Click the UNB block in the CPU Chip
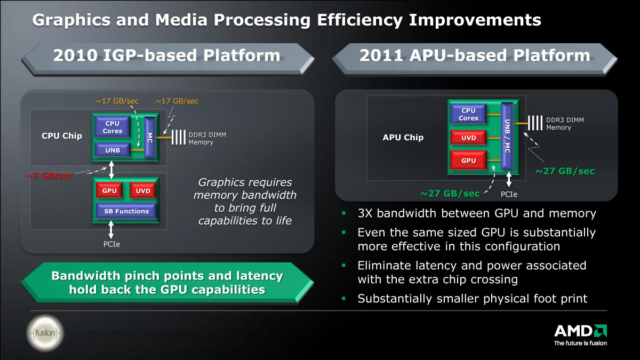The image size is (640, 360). point(113,150)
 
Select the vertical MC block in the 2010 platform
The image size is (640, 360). point(150,138)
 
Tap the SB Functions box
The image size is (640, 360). point(126,211)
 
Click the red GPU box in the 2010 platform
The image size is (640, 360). point(109,190)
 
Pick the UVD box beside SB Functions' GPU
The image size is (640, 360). point(143,190)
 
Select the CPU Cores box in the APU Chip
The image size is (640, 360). point(468,114)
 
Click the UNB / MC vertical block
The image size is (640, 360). point(507,136)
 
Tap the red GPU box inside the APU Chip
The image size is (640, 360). point(468,161)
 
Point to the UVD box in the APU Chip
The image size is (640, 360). point(468,138)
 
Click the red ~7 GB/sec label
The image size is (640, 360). point(49,175)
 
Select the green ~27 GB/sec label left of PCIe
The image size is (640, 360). point(450,194)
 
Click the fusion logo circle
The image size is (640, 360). point(45,333)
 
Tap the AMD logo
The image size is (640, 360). point(581,335)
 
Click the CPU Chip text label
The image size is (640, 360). point(62,135)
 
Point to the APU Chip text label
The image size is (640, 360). point(403,138)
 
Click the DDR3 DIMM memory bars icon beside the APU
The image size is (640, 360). point(535,123)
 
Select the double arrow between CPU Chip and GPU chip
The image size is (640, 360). point(111,170)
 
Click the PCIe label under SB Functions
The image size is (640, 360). point(111,244)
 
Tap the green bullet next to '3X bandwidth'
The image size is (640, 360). point(343,213)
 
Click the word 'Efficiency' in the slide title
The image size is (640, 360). point(359,20)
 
